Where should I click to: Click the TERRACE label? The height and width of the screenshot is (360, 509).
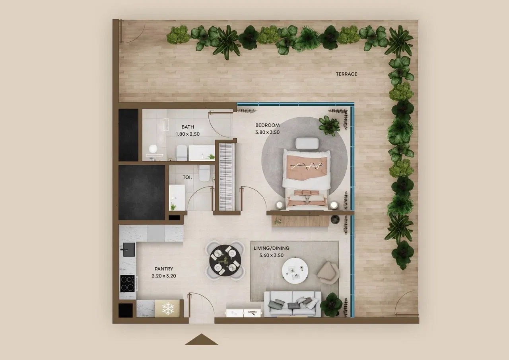coord(346,74)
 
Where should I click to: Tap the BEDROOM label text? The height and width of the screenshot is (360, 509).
coord(267,125)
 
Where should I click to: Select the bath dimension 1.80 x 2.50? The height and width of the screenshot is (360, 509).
coord(188,134)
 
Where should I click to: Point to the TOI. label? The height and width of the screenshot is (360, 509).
coord(187,177)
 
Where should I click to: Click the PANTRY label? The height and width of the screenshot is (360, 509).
coord(164,269)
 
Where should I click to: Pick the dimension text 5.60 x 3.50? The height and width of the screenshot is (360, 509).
coord(271,255)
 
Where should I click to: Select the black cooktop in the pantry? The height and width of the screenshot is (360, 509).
coord(127,284)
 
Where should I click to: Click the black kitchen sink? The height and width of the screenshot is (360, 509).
coord(129,250)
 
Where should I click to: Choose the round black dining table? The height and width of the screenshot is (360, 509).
coord(225,261)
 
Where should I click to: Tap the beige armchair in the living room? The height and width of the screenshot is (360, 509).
coord(328,272)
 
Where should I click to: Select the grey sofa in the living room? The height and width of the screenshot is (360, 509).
coord(293,304)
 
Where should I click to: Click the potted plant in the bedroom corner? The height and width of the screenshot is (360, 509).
coord(329,126)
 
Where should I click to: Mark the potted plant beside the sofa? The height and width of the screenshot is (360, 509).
coord(331,305)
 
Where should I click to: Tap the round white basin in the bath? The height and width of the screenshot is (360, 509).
coord(153,149)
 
